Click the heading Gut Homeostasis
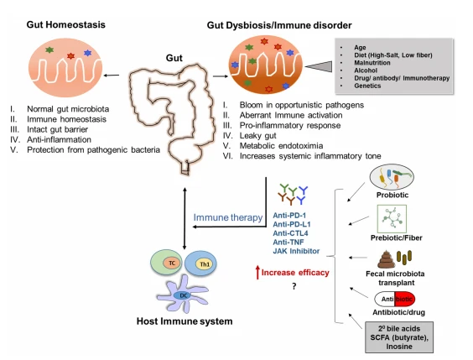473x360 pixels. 65,24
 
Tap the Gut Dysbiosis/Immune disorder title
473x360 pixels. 279,25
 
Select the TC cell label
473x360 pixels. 172,263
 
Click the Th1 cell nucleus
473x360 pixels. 205,264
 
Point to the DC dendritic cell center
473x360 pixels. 184,295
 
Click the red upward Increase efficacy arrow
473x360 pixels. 257,272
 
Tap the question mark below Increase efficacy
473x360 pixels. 294,286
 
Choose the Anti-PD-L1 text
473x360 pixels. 291,224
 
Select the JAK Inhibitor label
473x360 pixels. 296,251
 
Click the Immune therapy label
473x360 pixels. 228,217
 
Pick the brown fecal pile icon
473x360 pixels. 386,259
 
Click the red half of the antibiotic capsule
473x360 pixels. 405,299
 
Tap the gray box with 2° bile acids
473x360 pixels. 399,337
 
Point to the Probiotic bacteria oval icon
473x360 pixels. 392,177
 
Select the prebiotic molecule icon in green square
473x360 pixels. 392,219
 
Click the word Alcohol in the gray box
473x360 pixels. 366,70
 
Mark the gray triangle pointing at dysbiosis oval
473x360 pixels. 319,66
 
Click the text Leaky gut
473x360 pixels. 258,135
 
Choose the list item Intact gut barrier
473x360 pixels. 57,129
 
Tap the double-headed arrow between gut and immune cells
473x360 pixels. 185,218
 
